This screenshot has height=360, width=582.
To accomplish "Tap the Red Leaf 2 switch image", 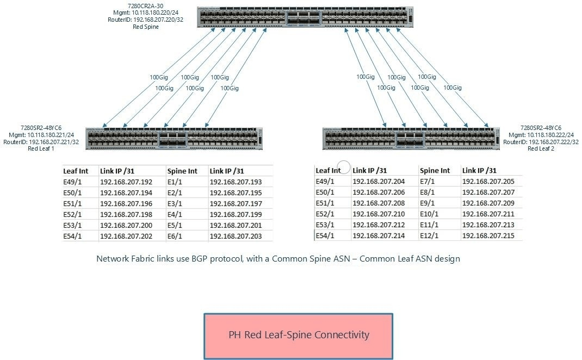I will [x=411, y=138].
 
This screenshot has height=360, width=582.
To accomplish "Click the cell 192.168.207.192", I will [x=126, y=182].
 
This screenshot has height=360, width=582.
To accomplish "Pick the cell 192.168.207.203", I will [x=236, y=236].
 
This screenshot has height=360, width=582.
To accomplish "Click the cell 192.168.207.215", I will [x=488, y=235].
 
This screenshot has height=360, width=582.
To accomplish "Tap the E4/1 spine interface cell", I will [x=175, y=214].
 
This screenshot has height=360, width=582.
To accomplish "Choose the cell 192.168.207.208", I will [x=379, y=203].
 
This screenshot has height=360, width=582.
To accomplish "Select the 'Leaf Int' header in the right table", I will [x=328, y=170].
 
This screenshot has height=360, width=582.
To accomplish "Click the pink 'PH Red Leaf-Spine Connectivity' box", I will [x=298, y=335].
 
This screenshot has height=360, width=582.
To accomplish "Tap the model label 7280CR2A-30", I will [x=146, y=7].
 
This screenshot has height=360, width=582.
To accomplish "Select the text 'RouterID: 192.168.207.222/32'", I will [x=541, y=142].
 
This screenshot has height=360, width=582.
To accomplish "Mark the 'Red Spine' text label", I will [x=146, y=26].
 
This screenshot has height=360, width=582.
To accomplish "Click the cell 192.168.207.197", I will [x=236, y=203].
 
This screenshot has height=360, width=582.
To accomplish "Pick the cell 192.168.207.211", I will [x=488, y=214].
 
